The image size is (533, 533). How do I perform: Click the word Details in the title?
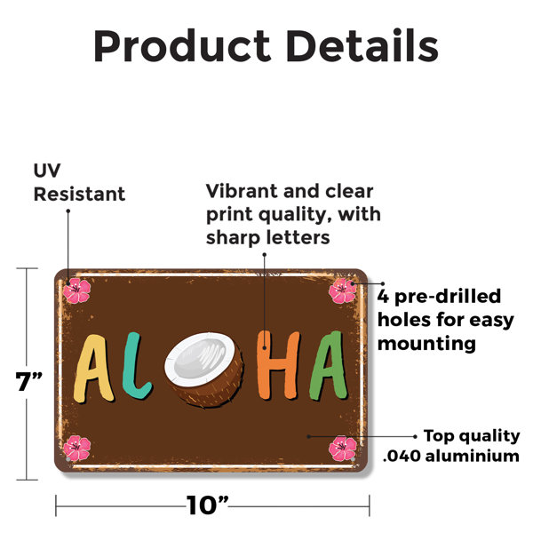[362, 45]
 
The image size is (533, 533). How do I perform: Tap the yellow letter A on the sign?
[92, 369]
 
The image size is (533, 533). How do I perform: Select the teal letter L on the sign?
[135, 365]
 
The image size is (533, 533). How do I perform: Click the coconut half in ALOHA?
[205, 369]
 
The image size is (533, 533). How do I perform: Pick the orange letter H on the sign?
[278, 364]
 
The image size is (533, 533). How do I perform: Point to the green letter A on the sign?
[329, 365]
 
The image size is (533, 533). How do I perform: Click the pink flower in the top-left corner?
[76, 290]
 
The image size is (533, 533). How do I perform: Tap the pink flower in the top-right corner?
[343, 290]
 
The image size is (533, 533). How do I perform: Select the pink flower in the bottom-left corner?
[76, 449]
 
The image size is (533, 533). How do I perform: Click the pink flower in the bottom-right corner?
[343, 449]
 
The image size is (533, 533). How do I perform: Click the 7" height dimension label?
[29, 381]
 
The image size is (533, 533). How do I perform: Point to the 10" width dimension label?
[207, 505]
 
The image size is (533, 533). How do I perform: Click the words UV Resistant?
[80, 182]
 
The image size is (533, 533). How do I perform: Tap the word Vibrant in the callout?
[242, 191]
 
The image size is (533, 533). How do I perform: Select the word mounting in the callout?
[426, 344]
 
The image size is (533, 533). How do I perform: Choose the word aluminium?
[473, 456]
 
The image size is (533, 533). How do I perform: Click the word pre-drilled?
[448, 297]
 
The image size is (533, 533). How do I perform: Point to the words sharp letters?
[268, 237]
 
